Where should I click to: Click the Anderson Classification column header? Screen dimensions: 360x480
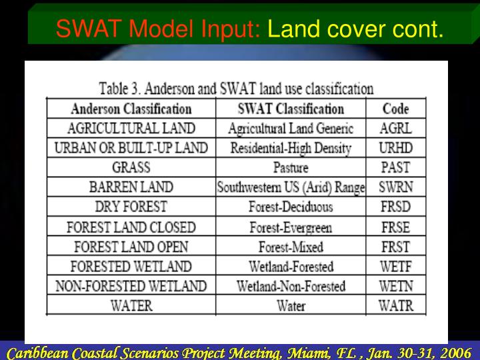click(131, 109)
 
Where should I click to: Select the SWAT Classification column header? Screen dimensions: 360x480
click(291, 109)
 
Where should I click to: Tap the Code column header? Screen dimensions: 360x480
click(396, 109)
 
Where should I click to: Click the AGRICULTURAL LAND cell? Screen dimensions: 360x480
click(131, 128)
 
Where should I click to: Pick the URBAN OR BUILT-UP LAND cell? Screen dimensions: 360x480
click(131, 148)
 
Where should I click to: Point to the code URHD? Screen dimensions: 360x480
click(396, 148)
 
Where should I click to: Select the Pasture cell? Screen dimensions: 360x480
click(291, 167)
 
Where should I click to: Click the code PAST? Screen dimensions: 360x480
click(396, 167)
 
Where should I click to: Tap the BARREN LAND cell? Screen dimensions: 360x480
click(131, 187)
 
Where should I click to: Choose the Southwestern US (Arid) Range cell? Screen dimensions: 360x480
click(291, 187)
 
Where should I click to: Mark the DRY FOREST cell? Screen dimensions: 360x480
click(131, 207)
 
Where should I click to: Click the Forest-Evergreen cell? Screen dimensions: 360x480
click(291, 227)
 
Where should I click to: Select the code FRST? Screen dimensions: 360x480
click(396, 247)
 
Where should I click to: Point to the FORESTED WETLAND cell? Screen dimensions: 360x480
click(131, 267)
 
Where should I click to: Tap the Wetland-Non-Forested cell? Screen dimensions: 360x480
click(291, 287)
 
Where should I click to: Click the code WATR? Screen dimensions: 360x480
click(396, 306)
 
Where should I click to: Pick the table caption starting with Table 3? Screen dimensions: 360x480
click(236, 88)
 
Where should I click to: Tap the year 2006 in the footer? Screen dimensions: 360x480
click(453, 353)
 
